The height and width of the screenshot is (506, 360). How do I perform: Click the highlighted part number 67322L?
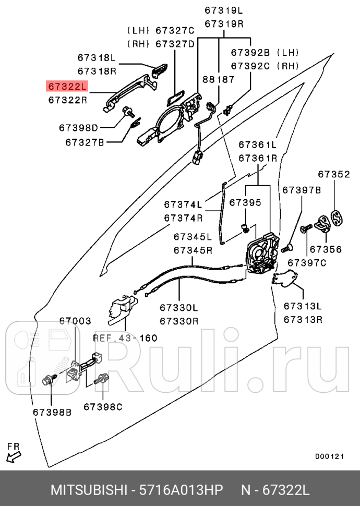click(x=67, y=86)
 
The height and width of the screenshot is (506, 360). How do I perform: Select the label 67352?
click(x=334, y=174)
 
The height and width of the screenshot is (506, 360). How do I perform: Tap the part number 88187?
click(x=219, y=79)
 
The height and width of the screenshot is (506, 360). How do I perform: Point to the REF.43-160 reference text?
click(x=125, y=338)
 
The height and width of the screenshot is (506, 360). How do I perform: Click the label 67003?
click(x=75, y=321)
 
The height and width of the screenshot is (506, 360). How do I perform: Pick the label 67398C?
click(x=103, y=405)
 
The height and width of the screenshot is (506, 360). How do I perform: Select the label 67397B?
click(x=302, y=190)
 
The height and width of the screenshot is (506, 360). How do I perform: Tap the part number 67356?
click(x=326, y=249)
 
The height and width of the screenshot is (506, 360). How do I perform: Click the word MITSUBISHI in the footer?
click(x=88, y=491)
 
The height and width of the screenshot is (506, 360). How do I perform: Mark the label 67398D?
click(x=78, y=127)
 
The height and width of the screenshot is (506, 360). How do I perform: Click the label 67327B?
click(x=85, y=141)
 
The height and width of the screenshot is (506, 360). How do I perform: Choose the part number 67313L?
click(x=303, y=306)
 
